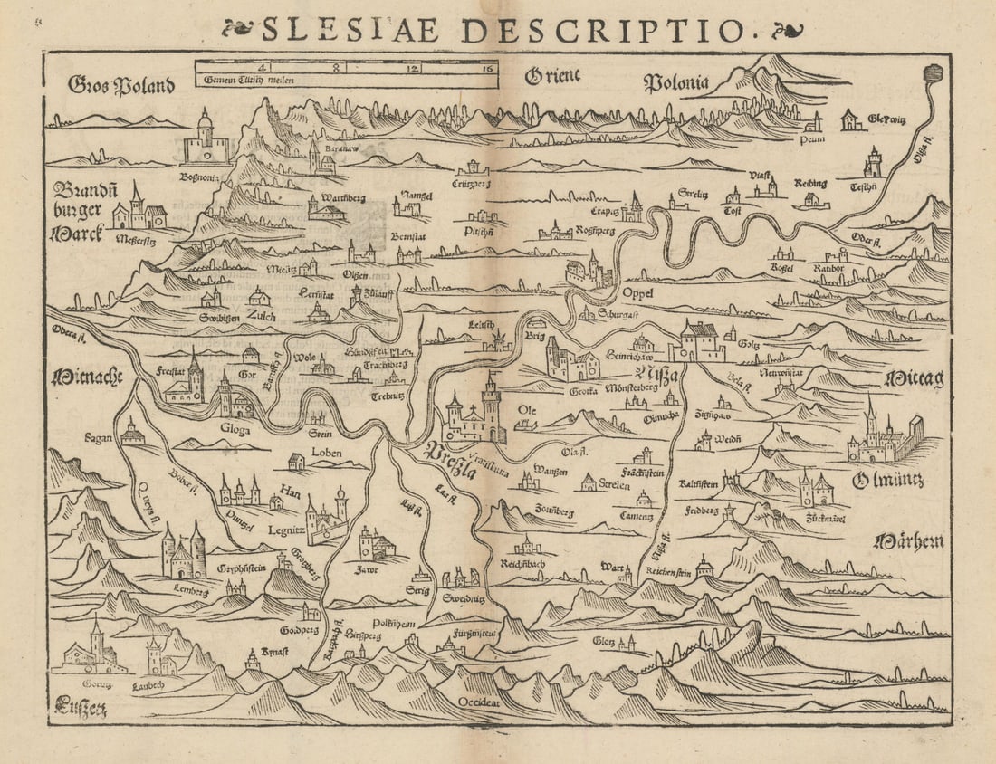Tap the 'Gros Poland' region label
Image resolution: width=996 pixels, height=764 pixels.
[x=120, y=86]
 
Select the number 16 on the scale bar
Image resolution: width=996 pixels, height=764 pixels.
[x=487, y=68]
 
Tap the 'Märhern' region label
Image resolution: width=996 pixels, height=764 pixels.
[x=908, y=541]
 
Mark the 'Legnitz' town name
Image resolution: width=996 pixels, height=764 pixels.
[x=284, y=530]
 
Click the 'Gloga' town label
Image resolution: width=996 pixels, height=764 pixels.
[x=234, y=430]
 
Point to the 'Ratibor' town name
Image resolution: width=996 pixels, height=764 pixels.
[x=826, y=269]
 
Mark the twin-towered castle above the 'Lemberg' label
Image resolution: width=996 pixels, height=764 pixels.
[x=183, y=553]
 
